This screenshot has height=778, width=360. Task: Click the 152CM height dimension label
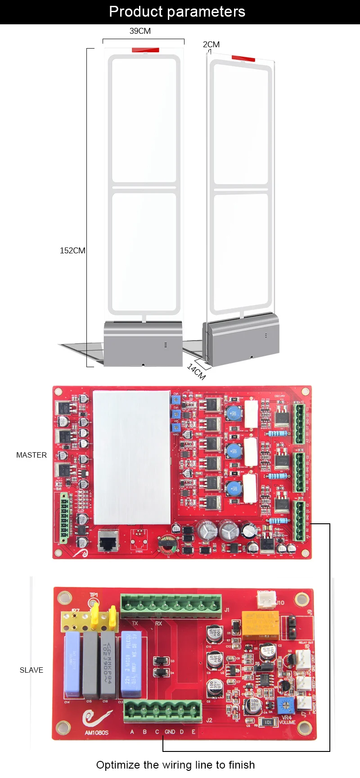pyautogui.click(x=72, y=251)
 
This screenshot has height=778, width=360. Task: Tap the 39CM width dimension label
pyautogui.click(x=140, y=31)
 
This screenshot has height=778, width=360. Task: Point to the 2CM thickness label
pyautogui.click(x=211, y=45)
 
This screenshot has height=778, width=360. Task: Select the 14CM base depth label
pyautogui.click(x=196, y=371)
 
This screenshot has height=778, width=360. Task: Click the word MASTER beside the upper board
pyautogui.click(x=31, y=455)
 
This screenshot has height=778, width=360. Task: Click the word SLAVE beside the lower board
pyautogui.click(x=31, y=670)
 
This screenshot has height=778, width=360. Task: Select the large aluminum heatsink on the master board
pyautogui.click(x=131, y=457)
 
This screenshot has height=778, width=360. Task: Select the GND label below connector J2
pyautogui.click(x=170, y=732)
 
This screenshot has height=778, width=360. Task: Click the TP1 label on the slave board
pyautogui.click(x=94, y=595)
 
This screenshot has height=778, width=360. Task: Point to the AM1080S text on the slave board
pyautogui.click(x=96, y=733)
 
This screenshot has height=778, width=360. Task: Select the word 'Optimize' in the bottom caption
pyautogui.click(x=118, y=765)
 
